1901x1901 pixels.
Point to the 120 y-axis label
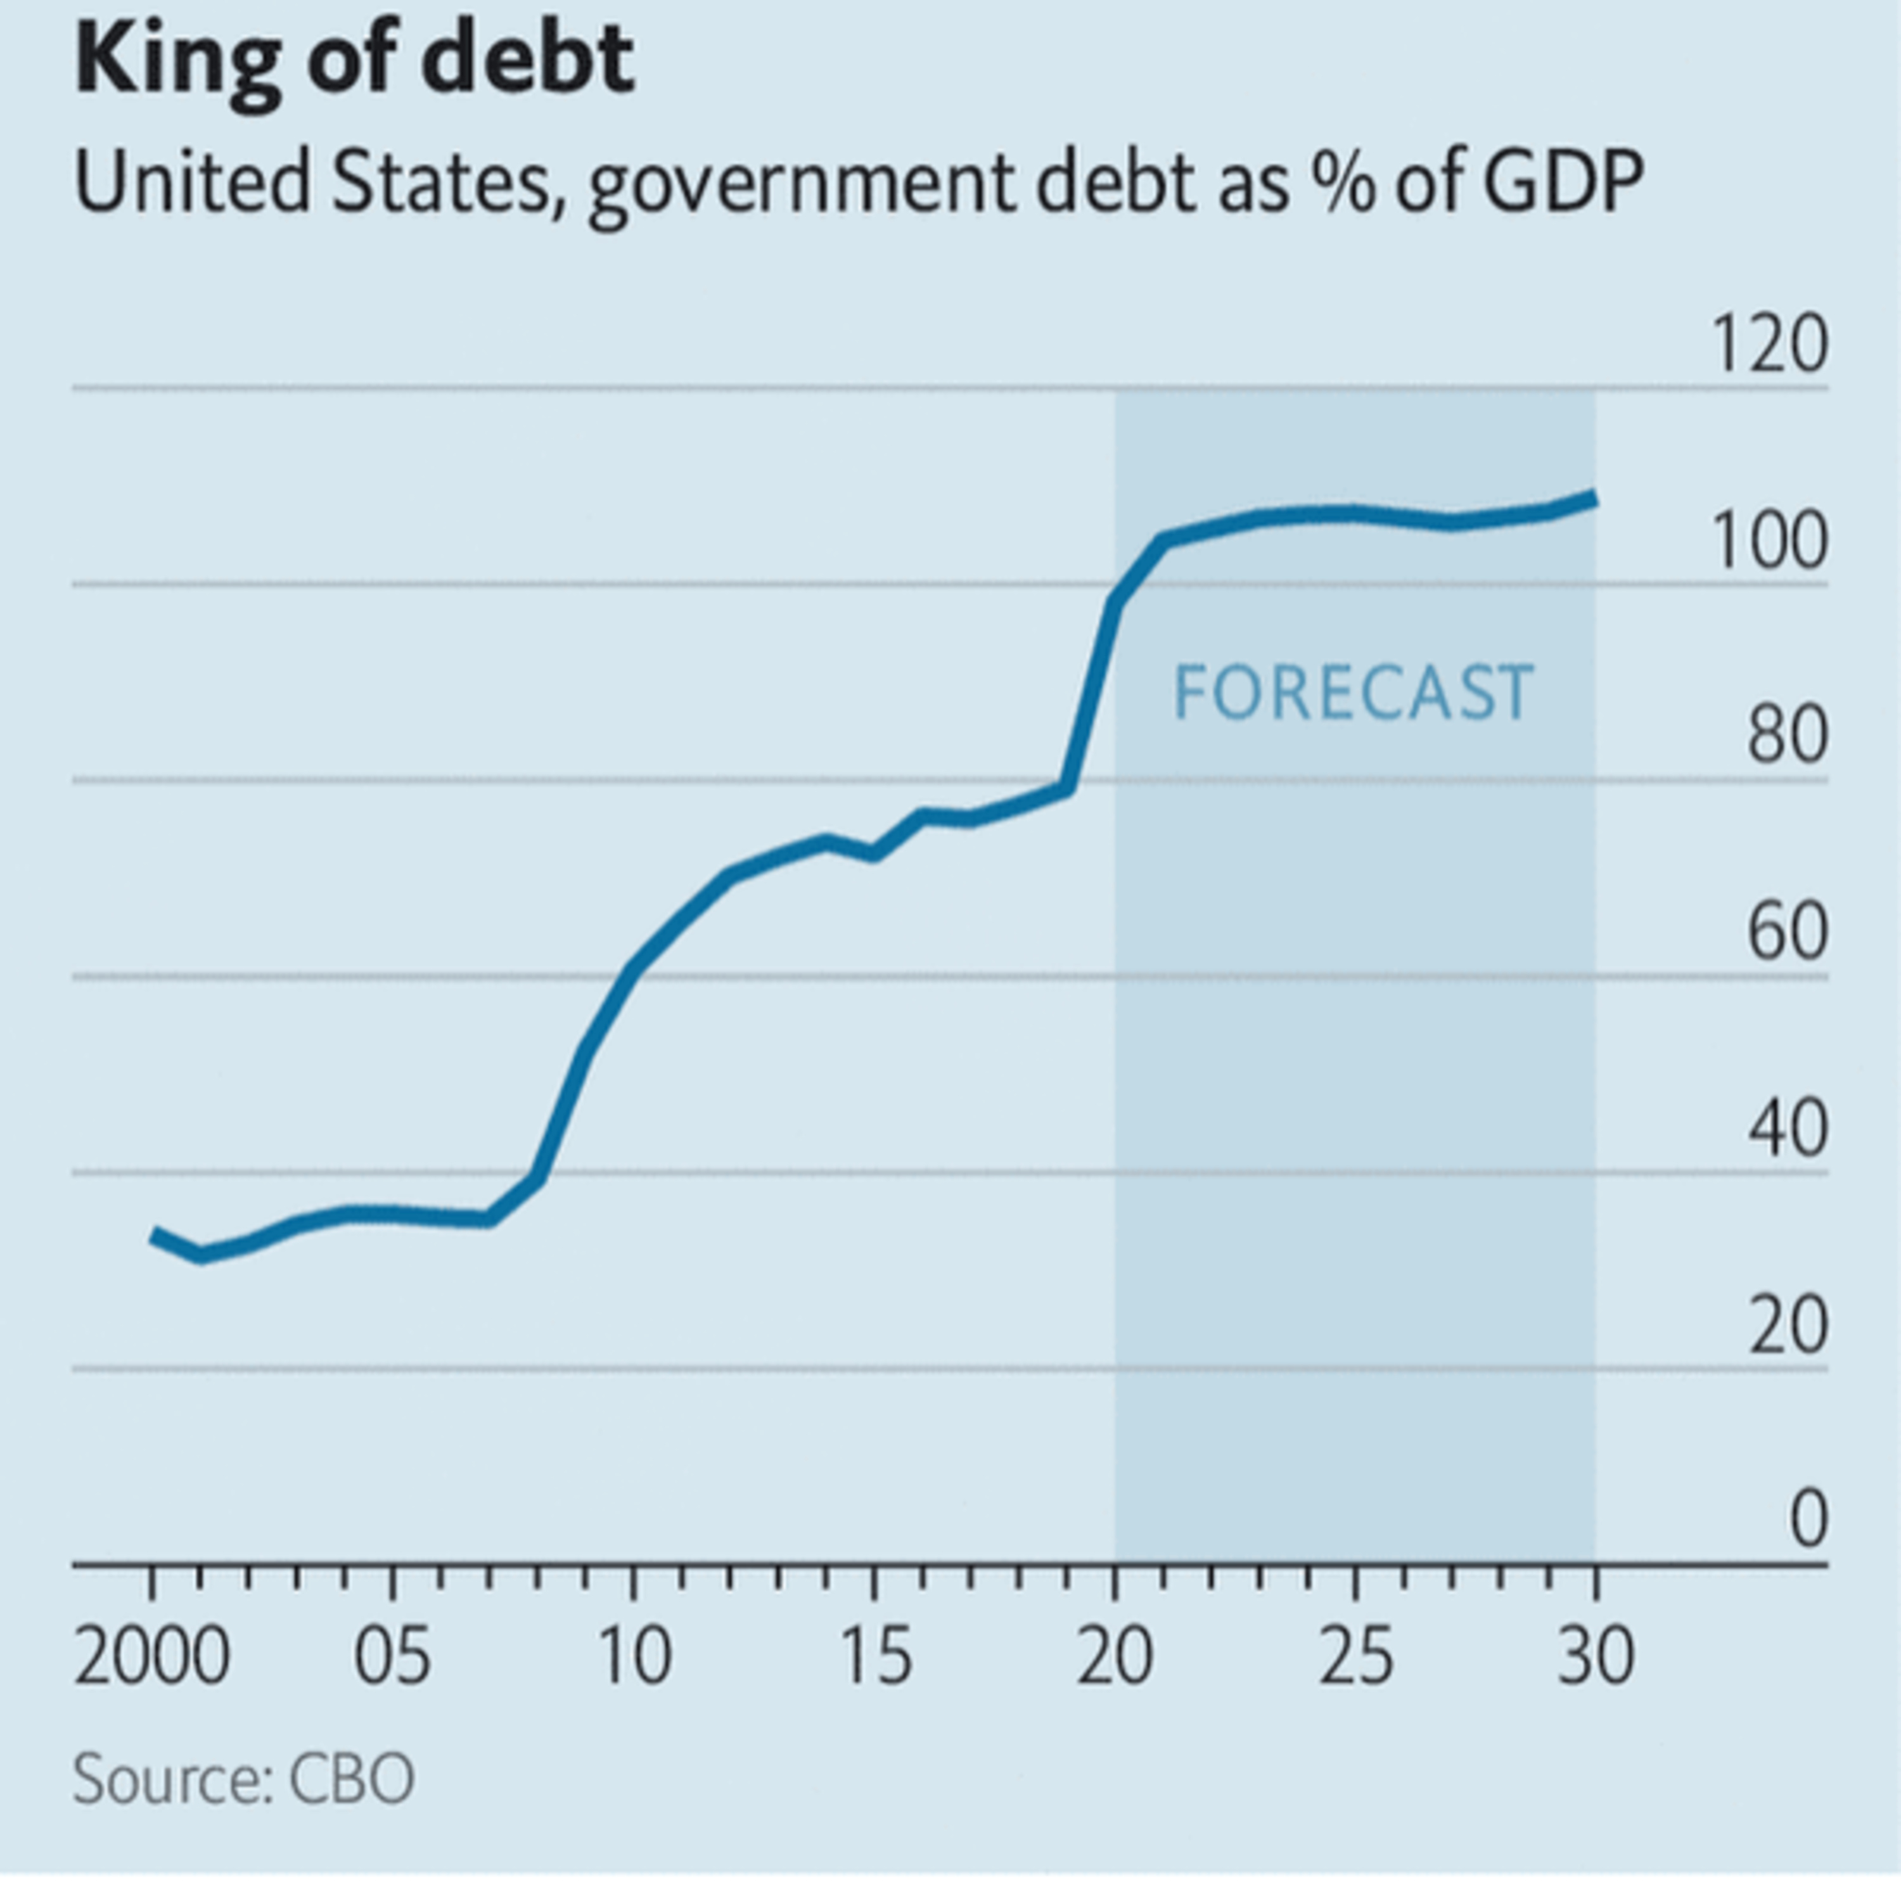1770,344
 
